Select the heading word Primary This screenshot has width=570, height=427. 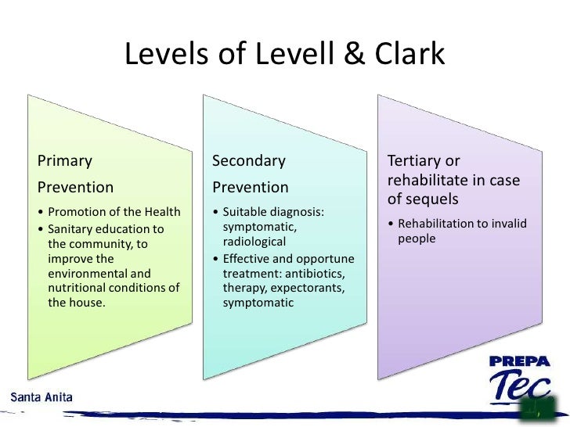(x=65, y=161)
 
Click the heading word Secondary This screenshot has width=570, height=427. (x=249, y=161)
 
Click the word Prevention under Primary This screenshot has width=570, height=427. (x=75, y=188)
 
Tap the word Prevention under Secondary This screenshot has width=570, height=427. (x=251, y=188)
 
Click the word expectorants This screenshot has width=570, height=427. (x=312, y=288)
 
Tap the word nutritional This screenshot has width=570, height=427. (x=80, y=288)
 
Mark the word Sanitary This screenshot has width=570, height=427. (x=70, y=229)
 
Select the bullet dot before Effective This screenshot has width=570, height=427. (x=216, y=260)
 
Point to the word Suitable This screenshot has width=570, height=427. (x=244, y=212)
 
